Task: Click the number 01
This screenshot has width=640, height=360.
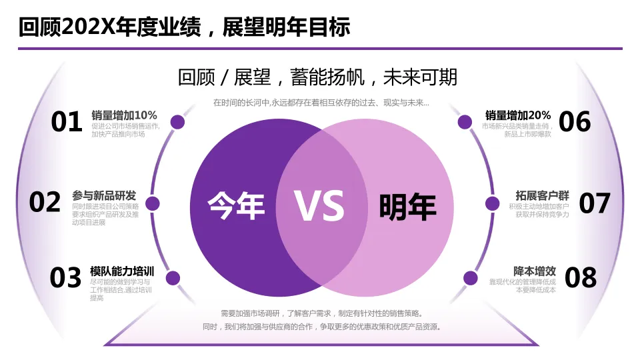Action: tap(67, 122)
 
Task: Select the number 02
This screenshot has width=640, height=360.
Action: tap(45, 202)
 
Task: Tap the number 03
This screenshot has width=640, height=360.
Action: tap(66, 278)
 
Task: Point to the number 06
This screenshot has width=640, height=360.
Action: tap(575, 122)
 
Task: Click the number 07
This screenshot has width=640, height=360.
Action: tap(595, 203)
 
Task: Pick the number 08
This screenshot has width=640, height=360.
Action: tap(581, 278)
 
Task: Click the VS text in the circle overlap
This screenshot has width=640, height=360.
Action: tap(320, 206)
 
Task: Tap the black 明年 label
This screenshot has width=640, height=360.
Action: tap(407, 207)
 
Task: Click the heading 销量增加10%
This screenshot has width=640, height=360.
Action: tap(124, 115)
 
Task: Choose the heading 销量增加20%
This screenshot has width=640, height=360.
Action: tap(518, 115)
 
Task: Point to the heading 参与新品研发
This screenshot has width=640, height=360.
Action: tap(104, 195)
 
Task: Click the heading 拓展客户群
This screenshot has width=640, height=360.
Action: tap(542, 195)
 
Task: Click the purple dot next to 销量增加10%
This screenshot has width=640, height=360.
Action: tap(177, 122)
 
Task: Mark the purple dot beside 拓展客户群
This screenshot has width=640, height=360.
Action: tap(492, 203)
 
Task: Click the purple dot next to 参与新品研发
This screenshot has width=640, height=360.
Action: tap(153, 203)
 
